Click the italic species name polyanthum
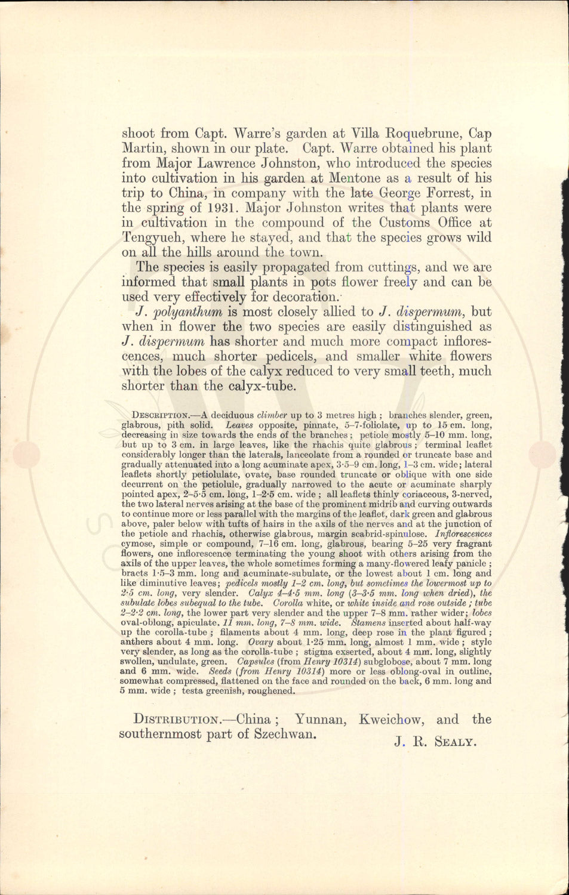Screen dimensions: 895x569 click(188, 312)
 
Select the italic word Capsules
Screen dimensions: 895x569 click(256, 662)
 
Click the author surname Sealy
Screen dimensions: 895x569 click(455, 742)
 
